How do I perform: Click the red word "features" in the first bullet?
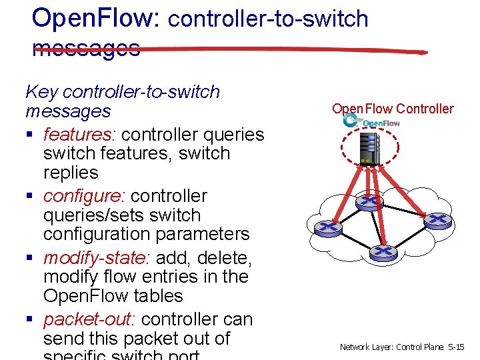(77, 135)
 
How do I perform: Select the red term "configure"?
(85, 196)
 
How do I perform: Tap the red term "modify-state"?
(96, 258)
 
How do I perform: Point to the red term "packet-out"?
(90, 319)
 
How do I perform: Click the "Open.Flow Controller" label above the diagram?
(392, 109)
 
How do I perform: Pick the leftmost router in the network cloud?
(328, 227)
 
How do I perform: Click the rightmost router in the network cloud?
(437, 219)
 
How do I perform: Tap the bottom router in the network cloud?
(383, 252)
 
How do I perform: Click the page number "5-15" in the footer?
(457, 347)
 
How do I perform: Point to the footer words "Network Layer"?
(367, 347)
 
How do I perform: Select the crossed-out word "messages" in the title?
(86, 47)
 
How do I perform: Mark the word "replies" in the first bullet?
(71, 173)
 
